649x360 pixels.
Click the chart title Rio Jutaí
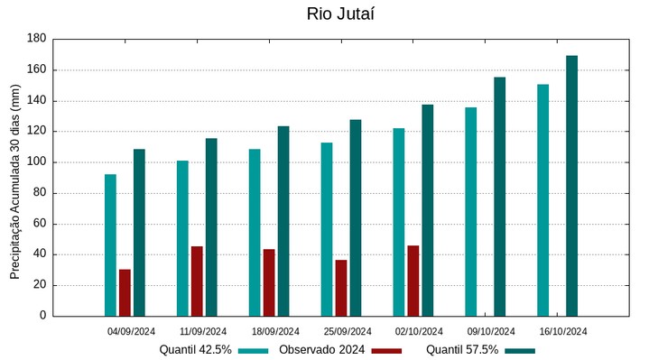pos(339,14)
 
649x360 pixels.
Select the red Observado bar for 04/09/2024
pos(125,292)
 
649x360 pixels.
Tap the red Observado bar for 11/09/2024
pos(197,281)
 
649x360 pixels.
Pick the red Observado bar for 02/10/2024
pos(413,281)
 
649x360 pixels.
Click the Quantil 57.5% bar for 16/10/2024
pos(571,186)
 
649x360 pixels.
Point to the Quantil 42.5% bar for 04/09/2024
pos(110,245)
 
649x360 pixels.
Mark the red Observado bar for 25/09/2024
pos(341,288)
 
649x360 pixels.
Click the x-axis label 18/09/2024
pos(275,331)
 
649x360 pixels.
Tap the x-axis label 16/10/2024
pos(563,331)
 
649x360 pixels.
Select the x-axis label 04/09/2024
pos(132,331)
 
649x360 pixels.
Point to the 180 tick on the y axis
pos(36,39)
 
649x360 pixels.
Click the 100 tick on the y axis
pos(36,162)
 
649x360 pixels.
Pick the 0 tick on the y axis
pos(42,316)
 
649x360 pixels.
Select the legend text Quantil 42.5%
pos(196,349)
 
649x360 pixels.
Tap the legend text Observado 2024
pos(321,349)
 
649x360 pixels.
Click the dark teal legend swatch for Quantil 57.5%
pos(520,350)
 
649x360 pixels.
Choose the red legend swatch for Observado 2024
pos(386,350)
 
